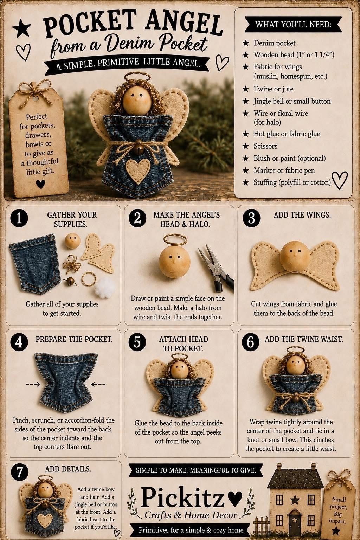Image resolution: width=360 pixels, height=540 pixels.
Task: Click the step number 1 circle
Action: pos(19,218)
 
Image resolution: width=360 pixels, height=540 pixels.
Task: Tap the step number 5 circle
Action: pos(137,342)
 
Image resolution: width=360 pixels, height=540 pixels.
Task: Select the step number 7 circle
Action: pos(20,471)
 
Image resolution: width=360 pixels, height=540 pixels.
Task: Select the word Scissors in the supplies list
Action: pos(265,146)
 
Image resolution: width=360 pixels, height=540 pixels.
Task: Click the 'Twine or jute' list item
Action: pos(274,89)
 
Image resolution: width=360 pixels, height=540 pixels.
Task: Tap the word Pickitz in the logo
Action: pos(182,497)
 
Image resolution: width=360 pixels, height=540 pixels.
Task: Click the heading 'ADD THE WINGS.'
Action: pos(302,215)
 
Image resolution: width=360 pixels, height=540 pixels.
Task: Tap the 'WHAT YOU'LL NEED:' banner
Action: pos(293,24)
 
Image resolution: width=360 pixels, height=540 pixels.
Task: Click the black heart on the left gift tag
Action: pos(40,184)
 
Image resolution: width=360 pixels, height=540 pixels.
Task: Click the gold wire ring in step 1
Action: pos(89,279)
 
